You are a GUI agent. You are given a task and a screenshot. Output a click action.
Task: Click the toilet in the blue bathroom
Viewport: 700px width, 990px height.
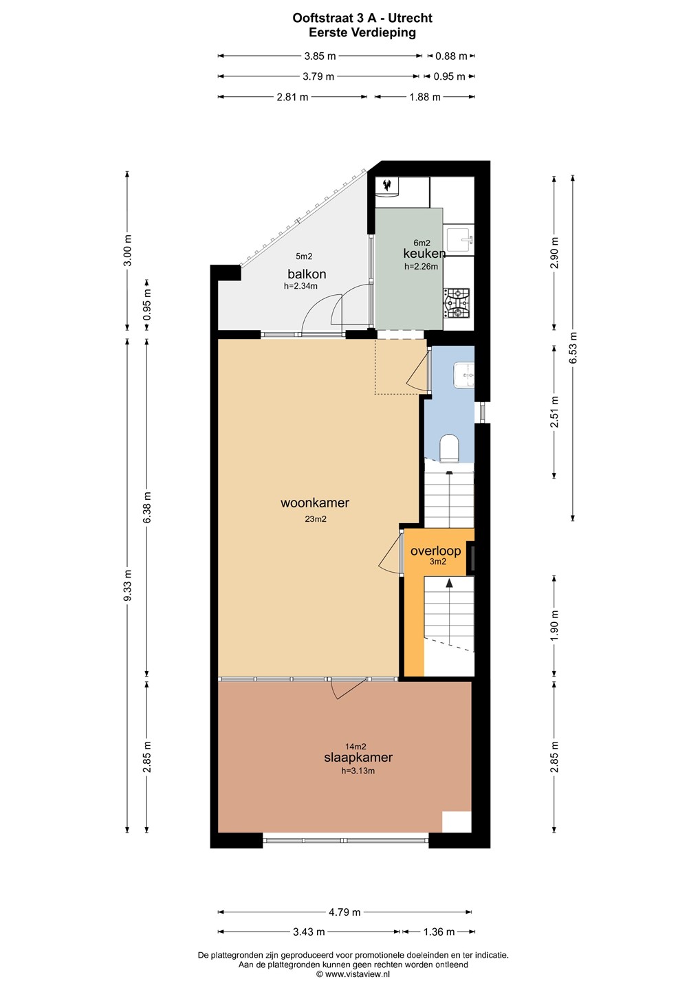(x=450, y=448)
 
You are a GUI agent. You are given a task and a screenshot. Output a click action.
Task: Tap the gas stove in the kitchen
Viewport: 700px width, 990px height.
(x=457, y=303)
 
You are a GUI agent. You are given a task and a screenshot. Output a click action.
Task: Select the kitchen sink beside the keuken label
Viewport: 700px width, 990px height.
(x=461, y=239)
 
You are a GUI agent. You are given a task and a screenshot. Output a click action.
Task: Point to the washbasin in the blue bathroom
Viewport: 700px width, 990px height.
(x=464, y=375)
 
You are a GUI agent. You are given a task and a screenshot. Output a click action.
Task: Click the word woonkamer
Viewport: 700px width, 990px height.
(x=315, y=503)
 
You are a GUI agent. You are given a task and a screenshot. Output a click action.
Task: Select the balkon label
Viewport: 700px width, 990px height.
(x=307, y=274)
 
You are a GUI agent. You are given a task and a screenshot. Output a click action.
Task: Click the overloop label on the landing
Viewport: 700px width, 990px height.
(x=435, y=551)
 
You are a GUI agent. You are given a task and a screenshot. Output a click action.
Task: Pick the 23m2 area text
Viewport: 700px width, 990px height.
(x=315, y=519)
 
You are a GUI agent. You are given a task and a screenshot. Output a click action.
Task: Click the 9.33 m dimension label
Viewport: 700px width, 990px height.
(x=128, y=585)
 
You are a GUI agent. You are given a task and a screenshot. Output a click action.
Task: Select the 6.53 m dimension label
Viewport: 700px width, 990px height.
(x=573, y=347)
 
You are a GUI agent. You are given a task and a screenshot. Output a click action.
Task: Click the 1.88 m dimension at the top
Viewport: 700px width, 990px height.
(x=425, y=97)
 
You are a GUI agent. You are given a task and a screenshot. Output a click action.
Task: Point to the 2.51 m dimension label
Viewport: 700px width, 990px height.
(x=555, y=411)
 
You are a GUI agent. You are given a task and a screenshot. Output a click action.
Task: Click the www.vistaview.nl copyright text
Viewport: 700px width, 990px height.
(x=353, y=974)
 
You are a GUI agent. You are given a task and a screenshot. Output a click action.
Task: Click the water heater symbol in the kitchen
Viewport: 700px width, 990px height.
(x=387, y=185)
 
